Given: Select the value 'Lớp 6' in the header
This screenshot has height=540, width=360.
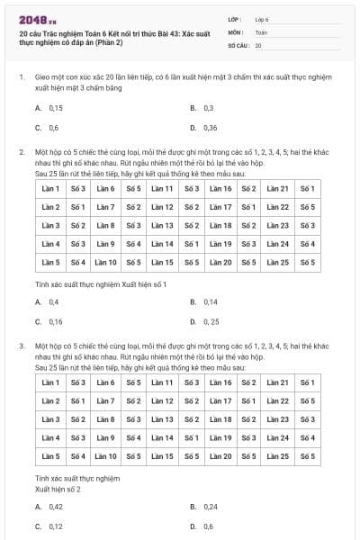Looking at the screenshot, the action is coord(262,18).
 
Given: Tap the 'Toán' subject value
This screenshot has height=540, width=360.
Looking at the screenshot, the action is coord(261,31).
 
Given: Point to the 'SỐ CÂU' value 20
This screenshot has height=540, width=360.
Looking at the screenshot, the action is coord(258,44).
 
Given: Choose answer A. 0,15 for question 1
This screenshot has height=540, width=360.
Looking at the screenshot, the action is coord(56,108).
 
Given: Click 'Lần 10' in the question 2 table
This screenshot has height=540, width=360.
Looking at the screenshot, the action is coord(106,262).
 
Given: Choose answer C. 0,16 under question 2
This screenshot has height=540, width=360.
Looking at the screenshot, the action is coord(56,321).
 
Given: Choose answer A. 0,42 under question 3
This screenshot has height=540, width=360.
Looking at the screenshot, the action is coord(56,507).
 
